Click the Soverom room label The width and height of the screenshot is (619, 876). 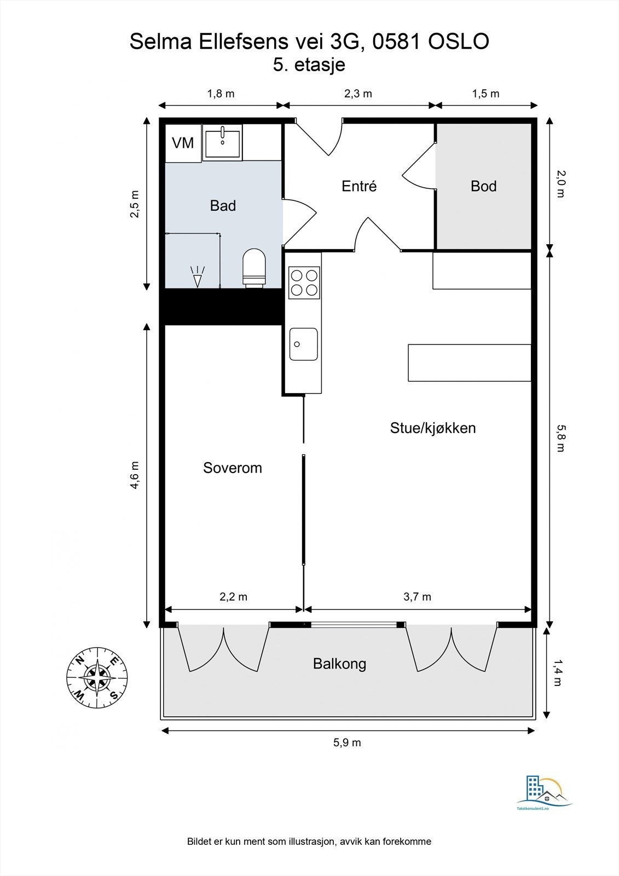(x=232, y=468)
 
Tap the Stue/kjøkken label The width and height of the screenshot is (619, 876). (x=433, y=428)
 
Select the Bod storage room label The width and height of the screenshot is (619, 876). (x=484, y=186)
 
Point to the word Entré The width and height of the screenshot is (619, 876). (x=359, y=186)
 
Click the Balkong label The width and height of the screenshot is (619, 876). (x=339, y=664)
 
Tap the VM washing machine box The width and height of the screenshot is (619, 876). (x=183, y=143)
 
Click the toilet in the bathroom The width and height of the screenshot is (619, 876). (x=254, y=268)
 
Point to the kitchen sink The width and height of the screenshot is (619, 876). (x=303, y=344)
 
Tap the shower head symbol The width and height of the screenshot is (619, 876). (x=198, y=276)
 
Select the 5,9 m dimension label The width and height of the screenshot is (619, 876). (x=347, y=742)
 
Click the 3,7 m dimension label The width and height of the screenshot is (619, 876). (x=417, y=597)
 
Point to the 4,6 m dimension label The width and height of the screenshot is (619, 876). (x=135, y=475)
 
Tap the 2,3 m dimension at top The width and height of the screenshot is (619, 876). (x=358, y=94)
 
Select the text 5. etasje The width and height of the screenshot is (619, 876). (x=309, y=65)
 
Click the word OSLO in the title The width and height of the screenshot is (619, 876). (x=459, y=42)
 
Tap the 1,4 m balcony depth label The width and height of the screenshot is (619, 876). (x=558, y=673)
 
